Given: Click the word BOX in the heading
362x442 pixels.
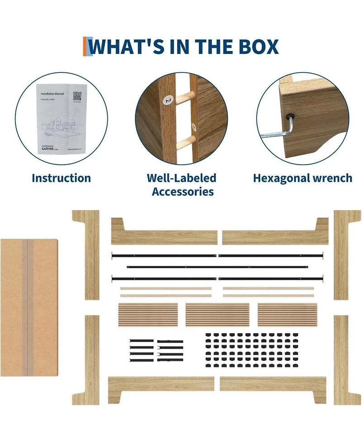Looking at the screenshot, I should (257, 47).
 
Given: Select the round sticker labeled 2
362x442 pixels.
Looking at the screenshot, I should (169, 100).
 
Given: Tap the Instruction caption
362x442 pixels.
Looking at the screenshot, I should (61, 178).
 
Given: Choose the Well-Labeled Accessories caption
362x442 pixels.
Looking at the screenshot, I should (182, 185).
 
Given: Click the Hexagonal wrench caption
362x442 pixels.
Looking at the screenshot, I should (302, 178).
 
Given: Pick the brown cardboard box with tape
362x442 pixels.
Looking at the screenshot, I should (29, 308).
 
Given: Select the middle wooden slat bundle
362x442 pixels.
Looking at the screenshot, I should (217, 315).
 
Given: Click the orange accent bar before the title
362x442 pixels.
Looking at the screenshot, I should (85, 47).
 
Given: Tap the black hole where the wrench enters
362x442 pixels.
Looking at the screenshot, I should (288, 116).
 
